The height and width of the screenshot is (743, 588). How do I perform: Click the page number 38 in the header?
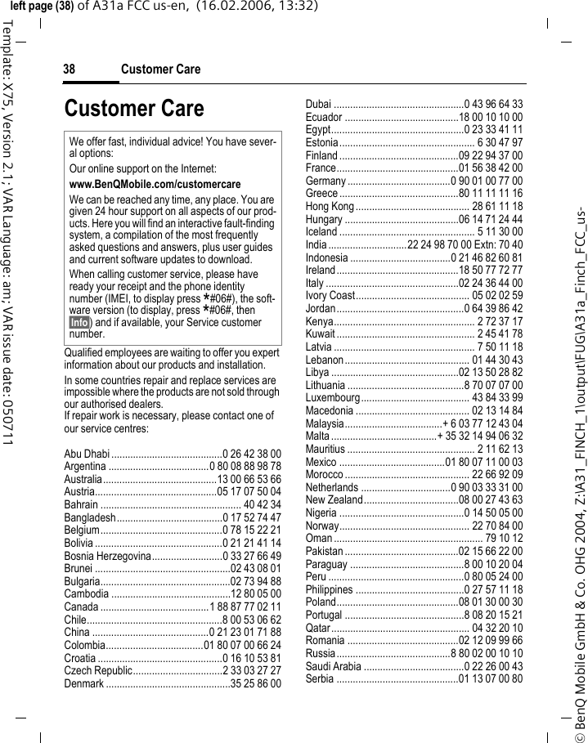click(70, 69)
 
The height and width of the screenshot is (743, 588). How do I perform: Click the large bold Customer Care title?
click(134, 109)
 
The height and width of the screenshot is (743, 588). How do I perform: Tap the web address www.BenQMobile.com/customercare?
click(155, 185)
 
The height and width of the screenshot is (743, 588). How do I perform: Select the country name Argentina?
click(85, 466)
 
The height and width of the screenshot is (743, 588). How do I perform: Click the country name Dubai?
click(318, 105)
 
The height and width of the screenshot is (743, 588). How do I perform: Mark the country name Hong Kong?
click(330, 206)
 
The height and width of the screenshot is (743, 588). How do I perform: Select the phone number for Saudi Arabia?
click(489, 666)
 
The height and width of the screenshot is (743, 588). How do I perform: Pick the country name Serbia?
click(319, 678)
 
